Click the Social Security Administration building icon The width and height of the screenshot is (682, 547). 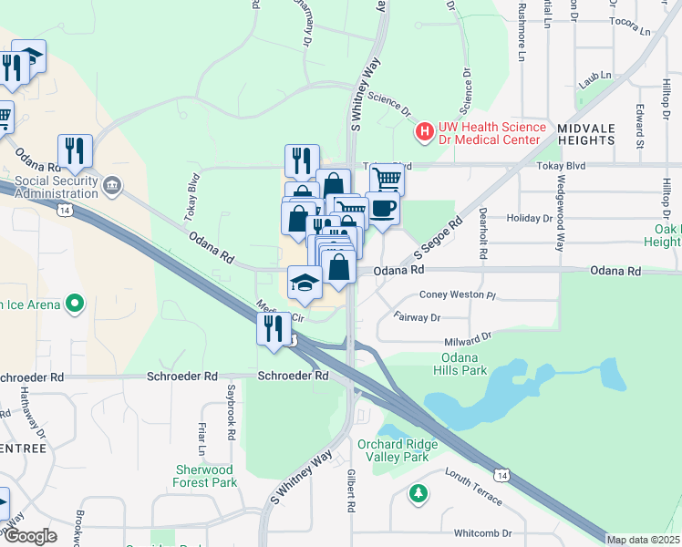point(112,186)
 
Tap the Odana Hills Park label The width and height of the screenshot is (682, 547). point(464,364)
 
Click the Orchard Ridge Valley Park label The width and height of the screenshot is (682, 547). point(398,450)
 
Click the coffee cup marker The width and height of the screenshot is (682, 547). point(383,208)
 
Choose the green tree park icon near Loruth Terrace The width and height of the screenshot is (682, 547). point(418,493)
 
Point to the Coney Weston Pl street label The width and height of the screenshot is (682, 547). point(456,295)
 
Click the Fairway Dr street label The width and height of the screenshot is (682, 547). point(417,317)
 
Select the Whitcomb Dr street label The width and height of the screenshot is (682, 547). point(482,532)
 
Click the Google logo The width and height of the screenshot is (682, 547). point(30,536)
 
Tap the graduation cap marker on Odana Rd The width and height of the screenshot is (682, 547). point(305,282)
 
